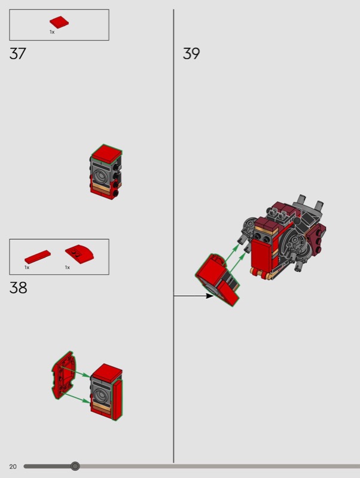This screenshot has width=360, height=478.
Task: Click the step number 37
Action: pos(18,54)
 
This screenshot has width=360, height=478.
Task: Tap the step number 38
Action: pos(19,288)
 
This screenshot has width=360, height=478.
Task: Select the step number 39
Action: pos(191,54)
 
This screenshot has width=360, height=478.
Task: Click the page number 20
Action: pos(13,467)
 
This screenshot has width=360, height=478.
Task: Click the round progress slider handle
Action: pos(75,466)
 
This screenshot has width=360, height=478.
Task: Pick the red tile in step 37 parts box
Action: pos(59,22)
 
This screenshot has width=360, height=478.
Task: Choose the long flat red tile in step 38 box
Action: pos(38,257)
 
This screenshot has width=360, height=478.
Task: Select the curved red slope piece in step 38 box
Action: pos(79,254)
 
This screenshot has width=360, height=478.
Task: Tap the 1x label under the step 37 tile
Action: pos(52,32)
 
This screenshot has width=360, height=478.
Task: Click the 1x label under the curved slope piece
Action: pos(68,267)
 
